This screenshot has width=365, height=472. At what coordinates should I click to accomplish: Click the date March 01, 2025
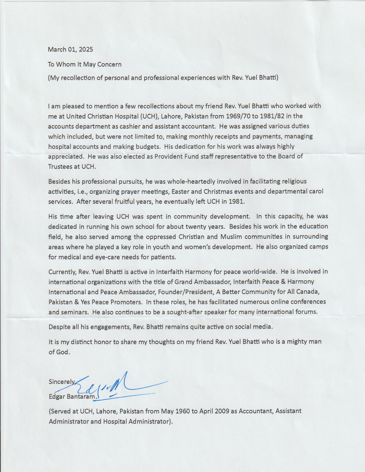click(70, 49)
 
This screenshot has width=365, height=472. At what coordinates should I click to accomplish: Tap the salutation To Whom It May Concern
click(85, 64)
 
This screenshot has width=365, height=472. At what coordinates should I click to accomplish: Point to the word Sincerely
click(62, 382)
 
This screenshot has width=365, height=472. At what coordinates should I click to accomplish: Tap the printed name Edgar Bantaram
click(72, 396)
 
